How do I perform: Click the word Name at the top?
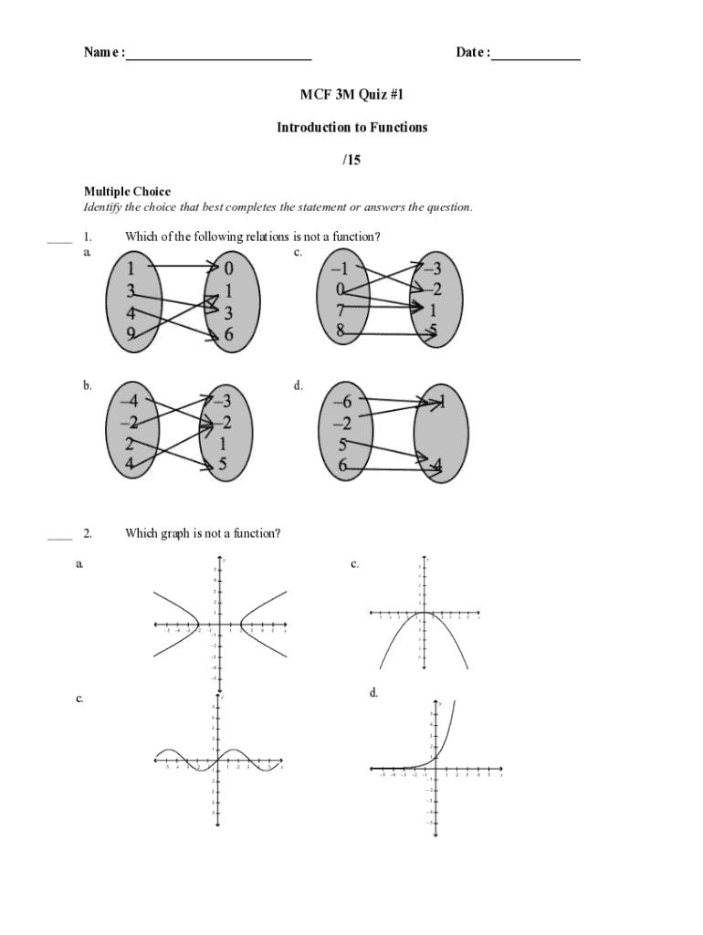[101, 53]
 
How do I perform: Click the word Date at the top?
[470, 53]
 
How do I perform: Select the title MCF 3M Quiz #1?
[351, 94]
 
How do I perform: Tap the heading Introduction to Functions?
[351, 127]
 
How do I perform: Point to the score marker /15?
[351, 160]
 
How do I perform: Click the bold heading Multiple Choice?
[127, 192]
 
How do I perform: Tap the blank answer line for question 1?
[59, 242]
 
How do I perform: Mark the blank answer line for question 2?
[59, 539]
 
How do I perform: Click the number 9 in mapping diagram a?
[131, 333]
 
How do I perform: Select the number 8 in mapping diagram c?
[341, 331]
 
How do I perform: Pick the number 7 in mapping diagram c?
[341, 310]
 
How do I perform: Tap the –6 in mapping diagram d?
[342, 402]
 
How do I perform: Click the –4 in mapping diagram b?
[128, 402]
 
